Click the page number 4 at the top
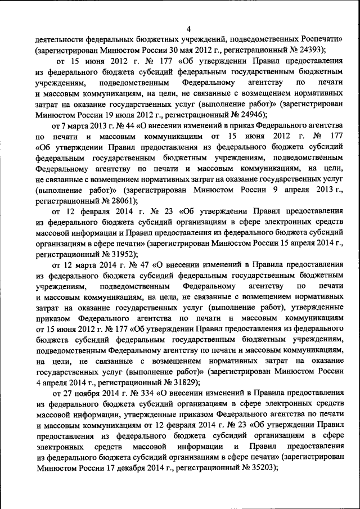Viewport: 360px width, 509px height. (189, 29)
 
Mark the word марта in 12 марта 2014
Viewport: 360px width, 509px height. (83, 264)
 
